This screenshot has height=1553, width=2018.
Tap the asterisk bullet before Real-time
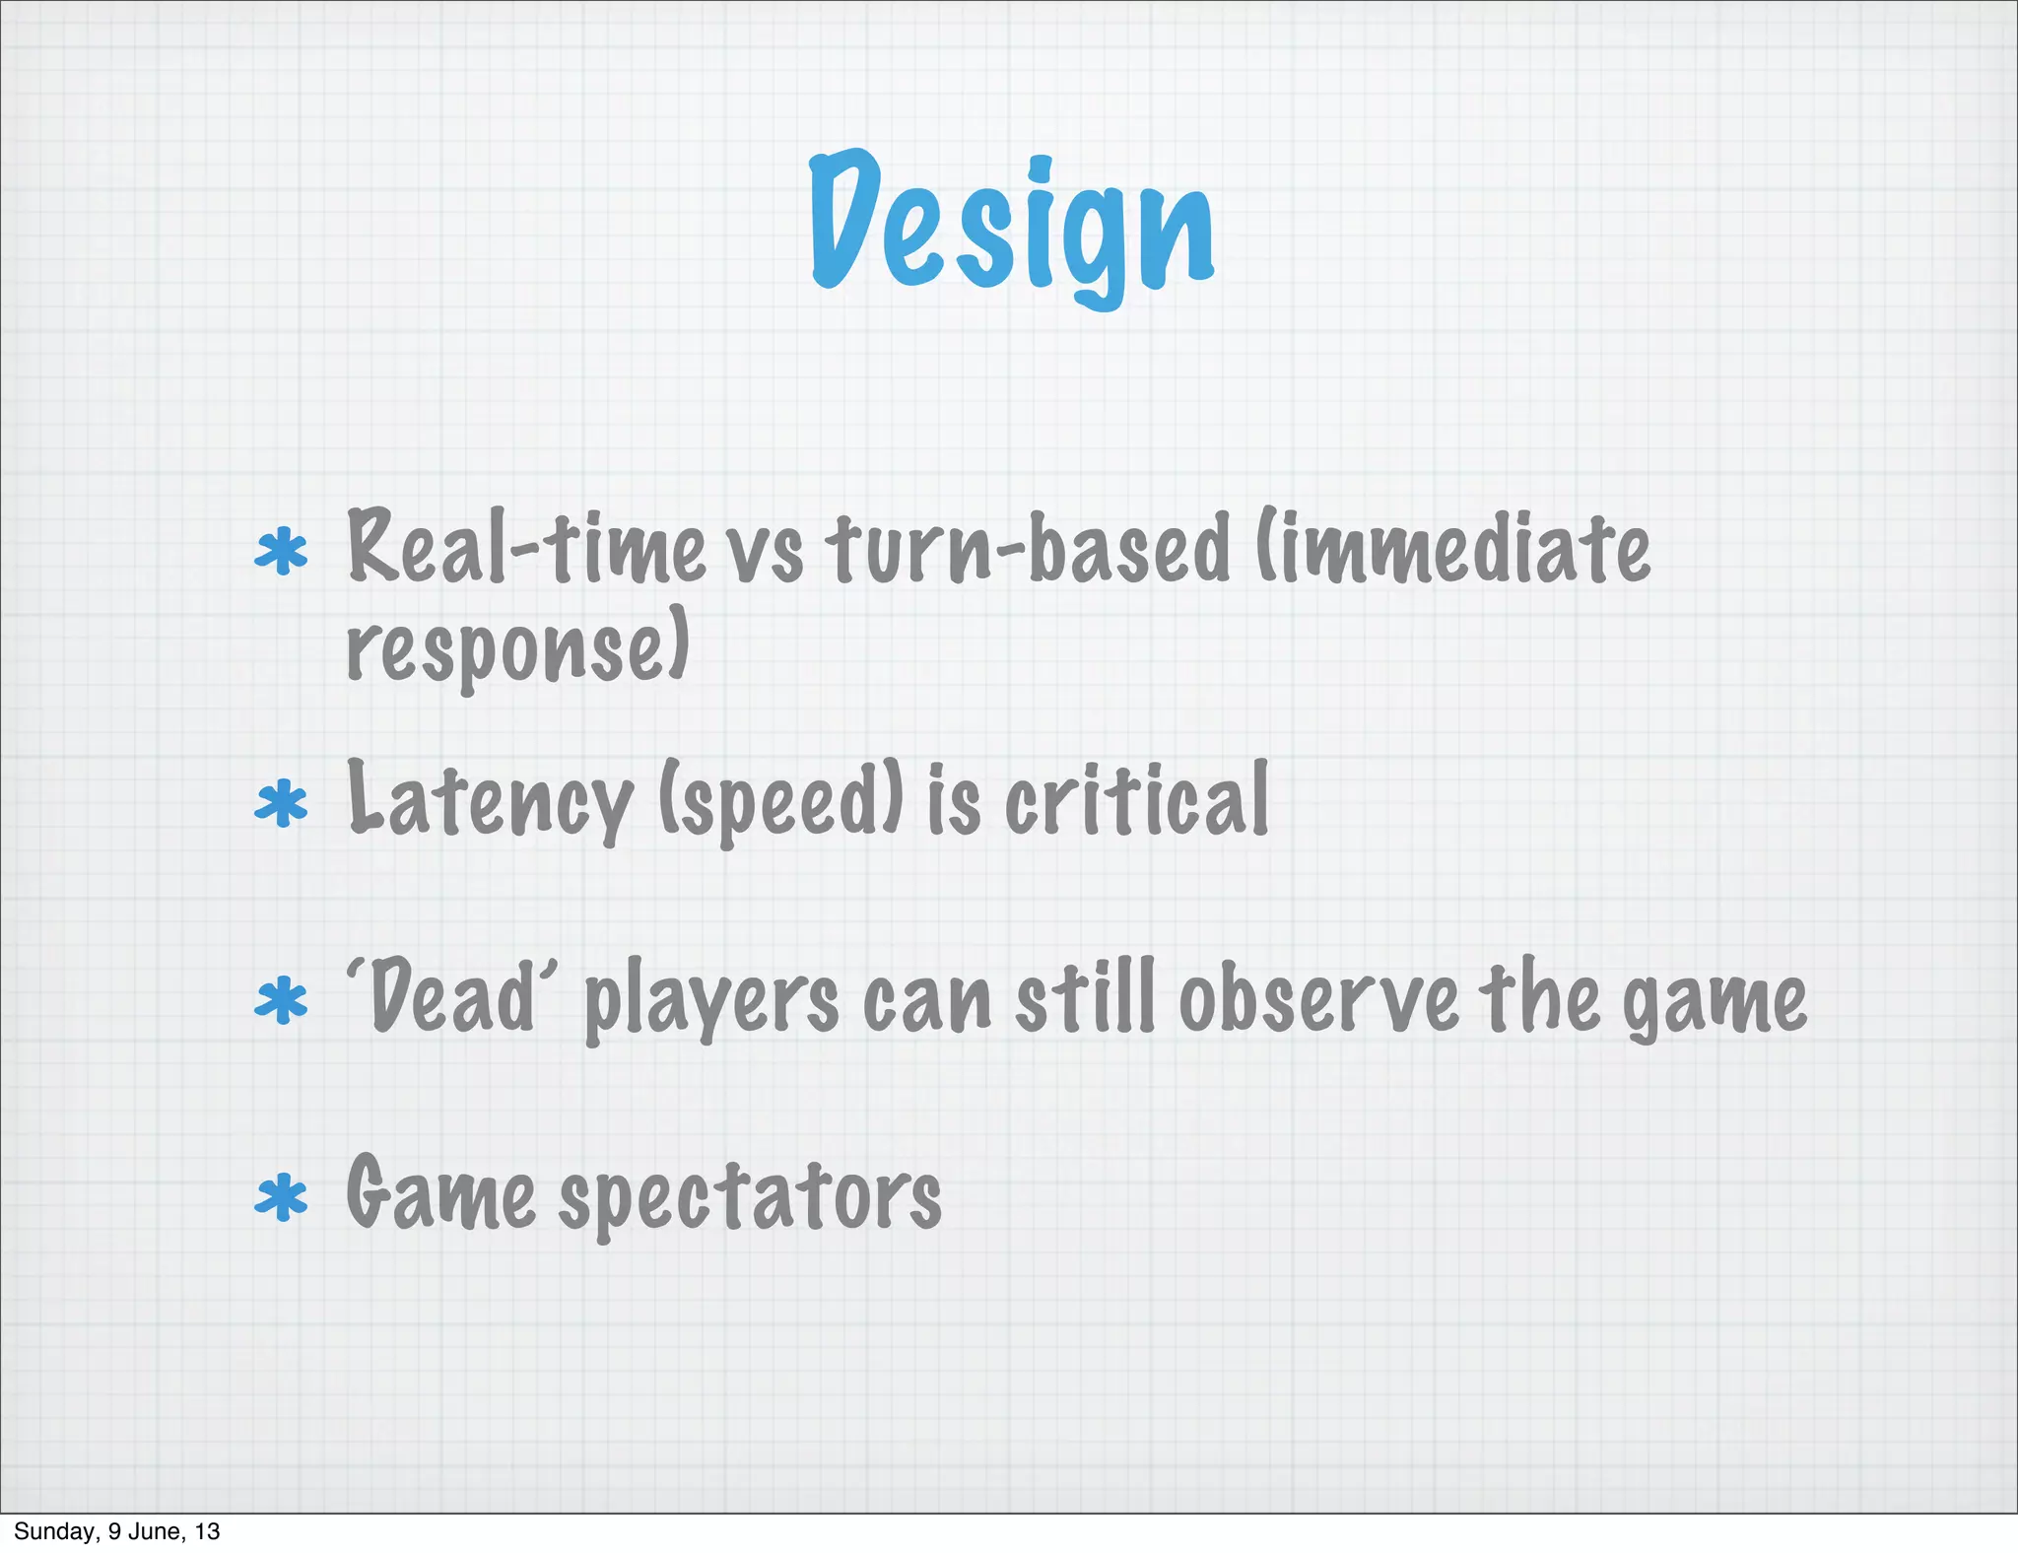281,552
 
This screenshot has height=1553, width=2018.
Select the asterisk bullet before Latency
281,803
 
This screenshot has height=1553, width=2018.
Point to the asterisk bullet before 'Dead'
281,1000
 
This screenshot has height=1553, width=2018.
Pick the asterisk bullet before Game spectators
281,1197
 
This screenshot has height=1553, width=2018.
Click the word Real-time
526,547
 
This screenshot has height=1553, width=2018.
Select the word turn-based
1028,547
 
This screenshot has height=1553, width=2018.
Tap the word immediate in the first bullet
1458,547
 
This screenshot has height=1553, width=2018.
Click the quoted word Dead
451,997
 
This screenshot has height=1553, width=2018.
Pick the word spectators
750,1197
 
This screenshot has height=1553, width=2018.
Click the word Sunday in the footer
53,1531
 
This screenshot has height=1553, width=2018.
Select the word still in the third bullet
1085,997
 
